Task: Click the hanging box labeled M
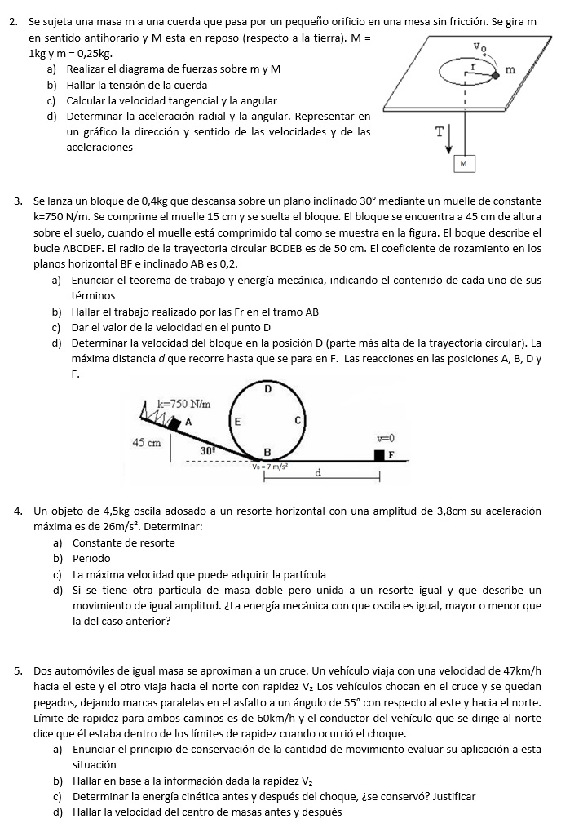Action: click(463, 163)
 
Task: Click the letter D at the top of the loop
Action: click(267, 390)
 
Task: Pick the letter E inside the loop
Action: click(237, 422)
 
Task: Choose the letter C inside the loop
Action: click(298, 420)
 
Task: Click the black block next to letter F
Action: click(379, 454)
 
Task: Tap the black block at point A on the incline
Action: click(173, 424)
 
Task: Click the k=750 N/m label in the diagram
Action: click(183, 404)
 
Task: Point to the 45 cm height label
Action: click(146, 442)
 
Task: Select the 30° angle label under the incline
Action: click(208, 449)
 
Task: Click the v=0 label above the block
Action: click(386, 438)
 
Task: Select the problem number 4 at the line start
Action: click(18, 511)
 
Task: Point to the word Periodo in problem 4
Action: click(91, 559)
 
